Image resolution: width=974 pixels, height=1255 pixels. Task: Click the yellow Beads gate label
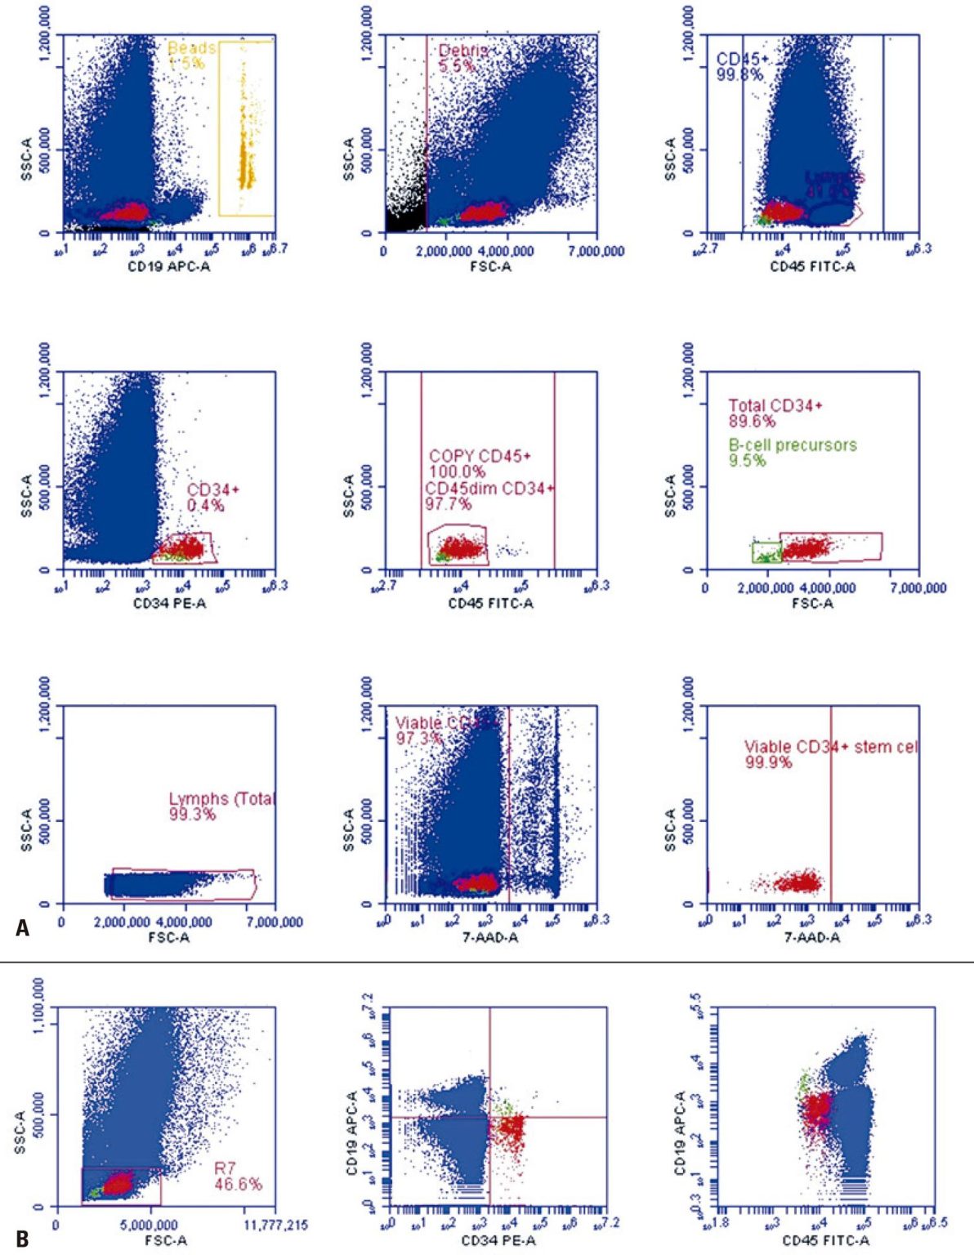click(x=191, y=48)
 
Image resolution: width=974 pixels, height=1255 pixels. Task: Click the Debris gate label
click(x=462, y=51)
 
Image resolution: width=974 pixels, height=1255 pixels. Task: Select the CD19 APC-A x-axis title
click(x=169, y=266)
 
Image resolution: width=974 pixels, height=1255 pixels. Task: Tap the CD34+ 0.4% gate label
click(x=212, y=498)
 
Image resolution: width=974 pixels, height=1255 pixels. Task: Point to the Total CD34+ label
click(x=775, y=406)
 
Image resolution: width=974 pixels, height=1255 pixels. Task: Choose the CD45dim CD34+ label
click(x=489, y=489)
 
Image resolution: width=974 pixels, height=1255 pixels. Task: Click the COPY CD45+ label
click(x=480, y=456)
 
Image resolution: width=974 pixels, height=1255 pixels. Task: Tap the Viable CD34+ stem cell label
click(x=830, y=747)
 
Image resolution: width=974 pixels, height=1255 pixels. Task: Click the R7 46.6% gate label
click(x=237, y=1177)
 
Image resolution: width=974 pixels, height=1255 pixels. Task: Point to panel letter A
click(x=22, y=928)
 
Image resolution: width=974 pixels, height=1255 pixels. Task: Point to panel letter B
click(x=22, y=1239)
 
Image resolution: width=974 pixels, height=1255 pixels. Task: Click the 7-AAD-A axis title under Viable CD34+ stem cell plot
click(x=812, y=937)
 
